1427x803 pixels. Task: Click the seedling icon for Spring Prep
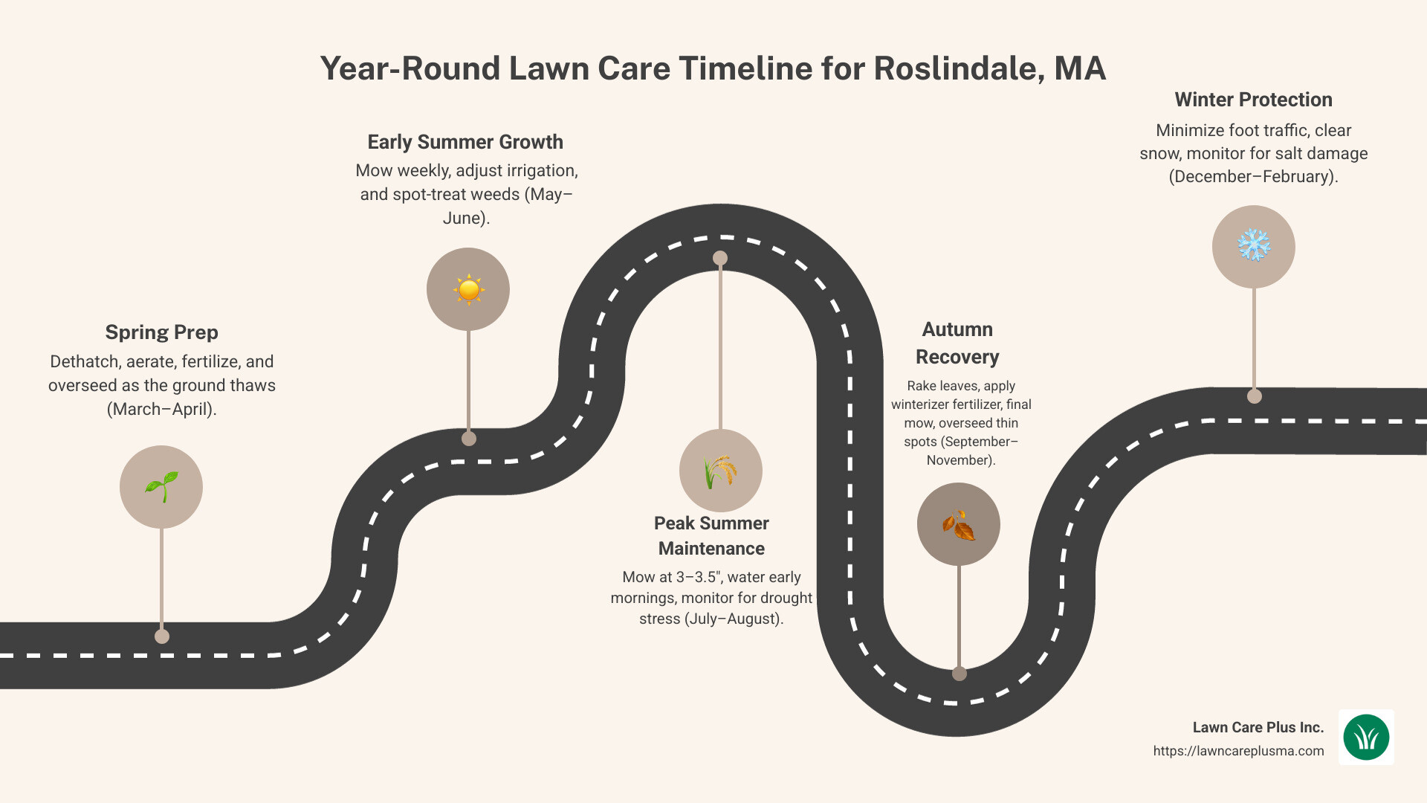point(161,487)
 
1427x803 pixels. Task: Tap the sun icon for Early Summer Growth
point(468,289)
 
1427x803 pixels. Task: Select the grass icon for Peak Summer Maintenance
point(720,471)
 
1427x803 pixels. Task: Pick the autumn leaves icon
point(959,525)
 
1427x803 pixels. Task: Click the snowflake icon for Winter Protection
point(1254,246)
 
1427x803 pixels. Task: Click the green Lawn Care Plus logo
point(1366,738)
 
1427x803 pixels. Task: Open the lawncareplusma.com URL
point(1238,751)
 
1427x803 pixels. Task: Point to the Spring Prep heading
point(161,332)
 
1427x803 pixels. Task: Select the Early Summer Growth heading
point(465,142)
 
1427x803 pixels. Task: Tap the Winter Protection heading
point(1253,100)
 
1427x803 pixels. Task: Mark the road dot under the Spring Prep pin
point(162,636)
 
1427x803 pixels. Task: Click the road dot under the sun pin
point(469,439)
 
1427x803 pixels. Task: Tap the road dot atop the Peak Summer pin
point(720,258)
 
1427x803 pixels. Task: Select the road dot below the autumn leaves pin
point(960,674)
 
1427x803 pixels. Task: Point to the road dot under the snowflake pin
point(1255,396)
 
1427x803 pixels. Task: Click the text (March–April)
point(161,410)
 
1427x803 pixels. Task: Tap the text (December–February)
point(1253,177)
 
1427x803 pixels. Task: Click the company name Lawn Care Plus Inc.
point(1258,727)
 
